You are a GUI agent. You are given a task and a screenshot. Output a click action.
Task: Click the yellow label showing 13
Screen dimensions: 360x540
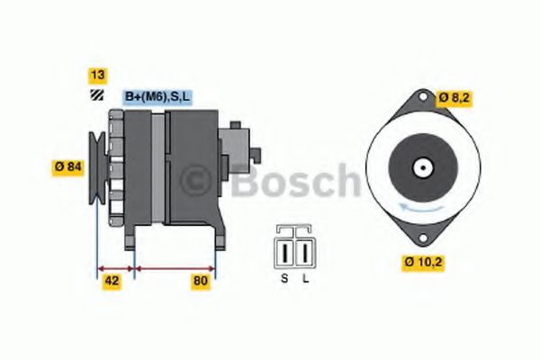pos(94,76)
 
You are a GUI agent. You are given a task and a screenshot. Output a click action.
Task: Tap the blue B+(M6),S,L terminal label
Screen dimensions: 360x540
pos(157,96)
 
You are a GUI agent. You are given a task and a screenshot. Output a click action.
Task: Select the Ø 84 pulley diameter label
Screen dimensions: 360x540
pos(67,166)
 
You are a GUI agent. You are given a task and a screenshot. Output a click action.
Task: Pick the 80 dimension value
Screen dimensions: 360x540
pos(201,281)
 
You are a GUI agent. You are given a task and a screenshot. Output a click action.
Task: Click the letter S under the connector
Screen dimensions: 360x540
pos(284,278)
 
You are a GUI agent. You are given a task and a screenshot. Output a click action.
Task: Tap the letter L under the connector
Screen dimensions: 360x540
pos(306,278)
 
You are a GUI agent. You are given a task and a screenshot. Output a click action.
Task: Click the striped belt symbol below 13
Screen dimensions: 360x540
pos(94,97)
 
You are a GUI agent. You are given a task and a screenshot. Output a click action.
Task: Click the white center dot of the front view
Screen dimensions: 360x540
pos(419,166)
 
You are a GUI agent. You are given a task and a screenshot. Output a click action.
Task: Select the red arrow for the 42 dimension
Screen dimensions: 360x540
pos(114,267)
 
